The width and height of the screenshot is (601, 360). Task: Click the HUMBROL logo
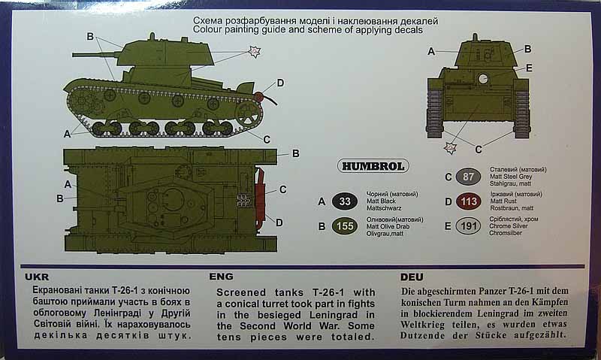coord(373,166)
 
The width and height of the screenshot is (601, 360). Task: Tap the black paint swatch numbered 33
coord(345,201)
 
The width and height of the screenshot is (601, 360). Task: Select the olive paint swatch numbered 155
coord(345,226)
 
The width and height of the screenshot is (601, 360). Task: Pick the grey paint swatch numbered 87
coord(468,177)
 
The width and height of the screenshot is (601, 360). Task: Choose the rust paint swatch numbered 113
coord(469,201)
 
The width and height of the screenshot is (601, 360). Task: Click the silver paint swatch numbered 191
coord(468,226)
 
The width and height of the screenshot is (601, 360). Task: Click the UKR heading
coord(37,277)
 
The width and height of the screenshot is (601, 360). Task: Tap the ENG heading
coord(221,277)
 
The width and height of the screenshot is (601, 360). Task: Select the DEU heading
coord(412,277)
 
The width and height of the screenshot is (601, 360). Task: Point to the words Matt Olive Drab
coord(388,226)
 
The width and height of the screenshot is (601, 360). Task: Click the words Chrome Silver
coord(509,226)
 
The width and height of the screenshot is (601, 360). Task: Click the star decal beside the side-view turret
coord(254,51)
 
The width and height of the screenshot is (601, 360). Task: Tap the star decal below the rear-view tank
coord(449,147)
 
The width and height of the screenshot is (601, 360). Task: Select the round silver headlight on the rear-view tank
coord(483,79)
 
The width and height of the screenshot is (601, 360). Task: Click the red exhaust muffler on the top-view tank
coord(260,197)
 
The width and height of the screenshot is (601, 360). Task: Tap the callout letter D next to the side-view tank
coord(280,83)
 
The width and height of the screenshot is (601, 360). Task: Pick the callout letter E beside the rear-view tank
coord(529,68)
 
